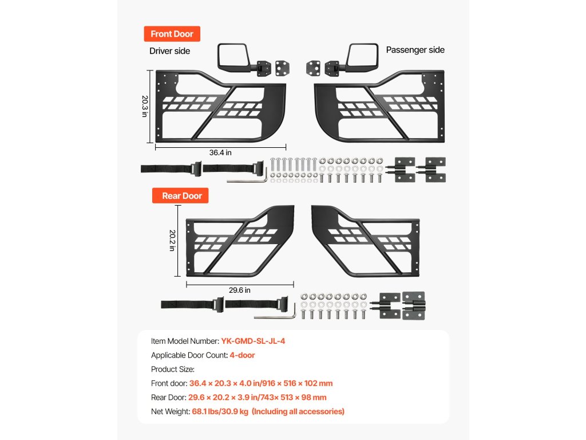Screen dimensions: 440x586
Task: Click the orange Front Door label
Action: pos(172,34)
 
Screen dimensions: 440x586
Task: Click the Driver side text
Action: pos(169,51)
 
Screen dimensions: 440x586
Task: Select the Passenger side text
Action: pos(415,50)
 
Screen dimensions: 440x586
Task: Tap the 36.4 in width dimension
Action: pos(220,152)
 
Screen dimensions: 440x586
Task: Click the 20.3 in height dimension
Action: pos(145,106)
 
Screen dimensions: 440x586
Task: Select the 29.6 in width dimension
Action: pos(240,290)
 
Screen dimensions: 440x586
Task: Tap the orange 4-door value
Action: pos(242,355)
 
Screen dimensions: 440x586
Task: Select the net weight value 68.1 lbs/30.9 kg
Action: pos(220,411)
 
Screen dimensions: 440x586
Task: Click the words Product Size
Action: pos(173,369)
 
